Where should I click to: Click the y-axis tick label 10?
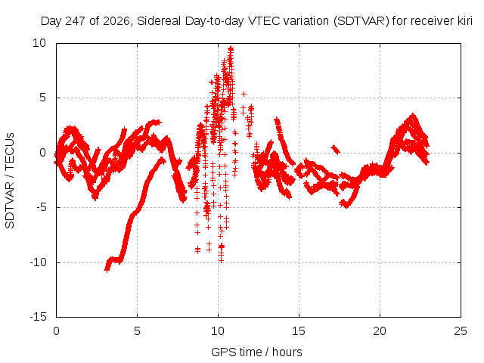click(x=39, y=43)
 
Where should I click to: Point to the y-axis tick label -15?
click(x=39, y=317)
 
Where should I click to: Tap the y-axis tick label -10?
click(x=39, y=262)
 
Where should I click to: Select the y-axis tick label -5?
click(x=42, y=207)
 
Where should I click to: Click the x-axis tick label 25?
click(x=461, y=331)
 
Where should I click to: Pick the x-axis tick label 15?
click(x=299, y=331)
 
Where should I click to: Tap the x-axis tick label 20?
click(x=380, y=331)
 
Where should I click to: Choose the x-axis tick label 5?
click(x=137, y=331)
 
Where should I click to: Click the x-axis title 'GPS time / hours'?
click(x=256, y=352)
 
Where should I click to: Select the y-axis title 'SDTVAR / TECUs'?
click(x=10, y=181)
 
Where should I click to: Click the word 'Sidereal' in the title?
click(x=159, y=21)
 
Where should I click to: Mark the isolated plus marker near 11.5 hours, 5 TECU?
click(x=244, y=94)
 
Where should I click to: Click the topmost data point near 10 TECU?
click(x=231, y=48)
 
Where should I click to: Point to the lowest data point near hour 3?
click(x=107, y=270)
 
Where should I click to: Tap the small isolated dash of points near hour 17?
click(x=336, y=150)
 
